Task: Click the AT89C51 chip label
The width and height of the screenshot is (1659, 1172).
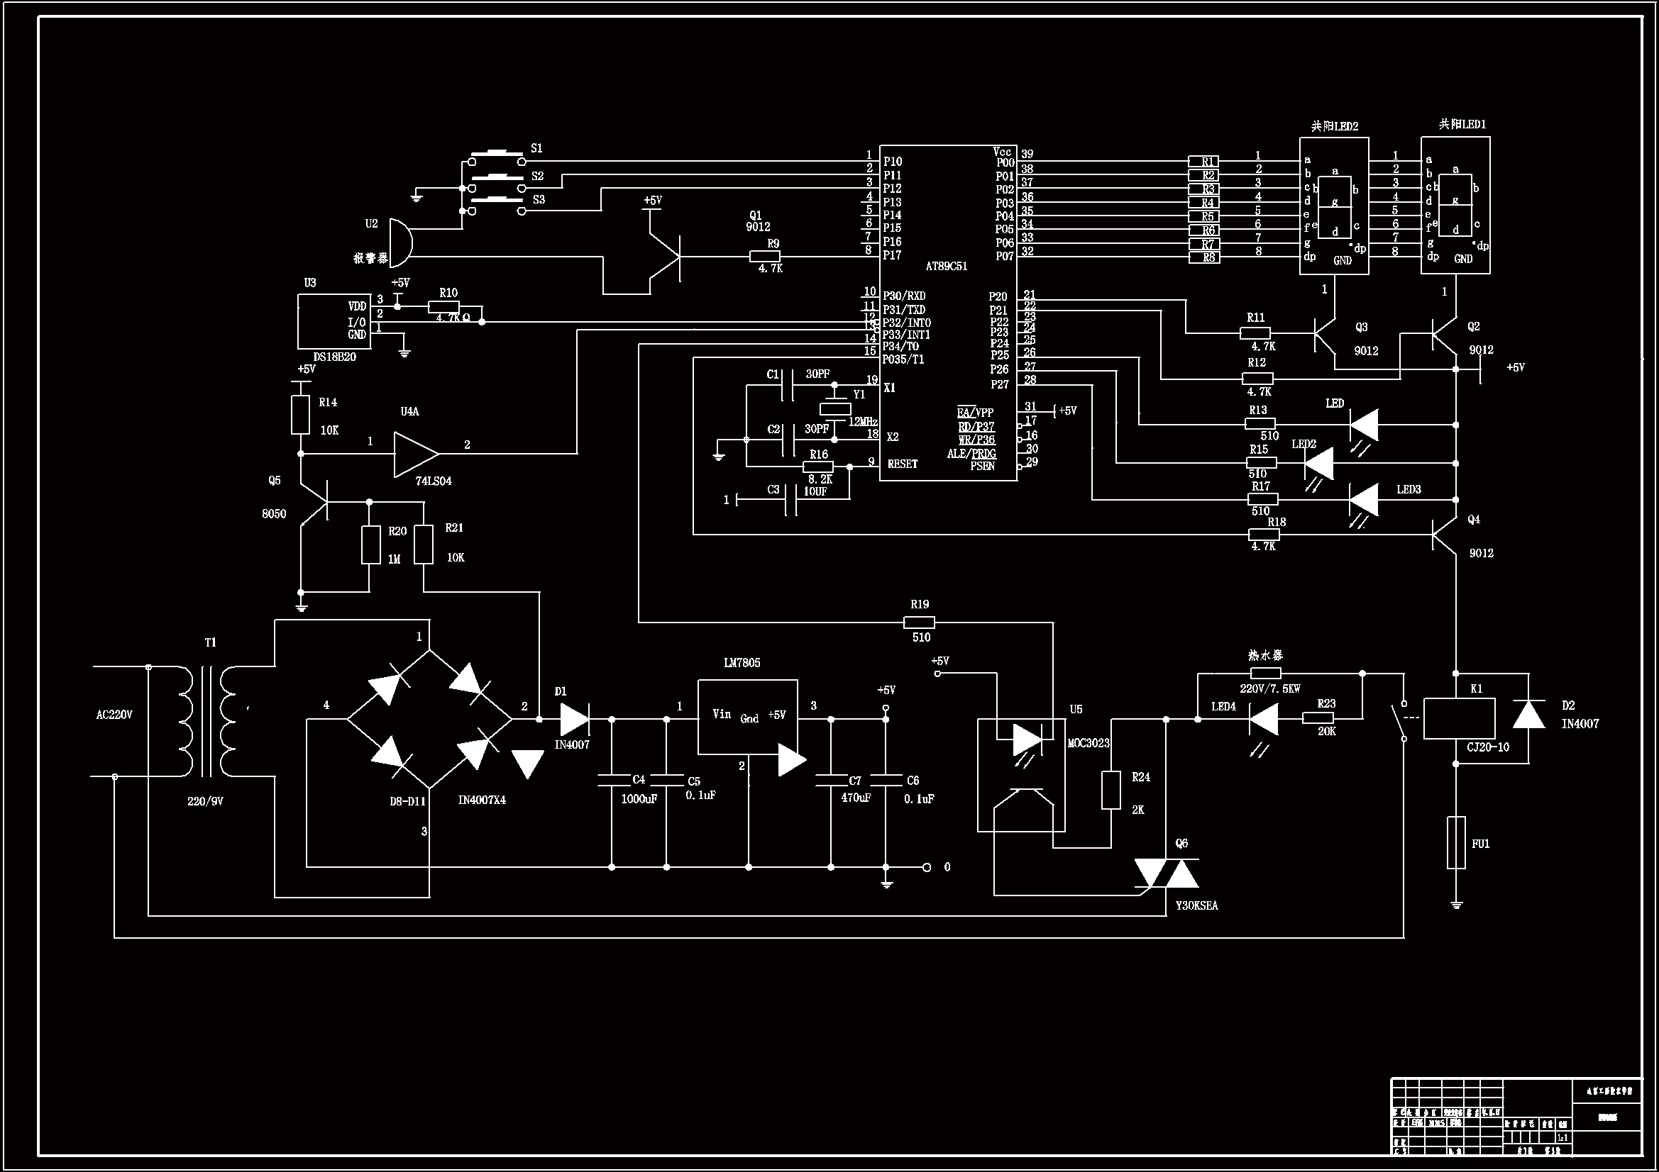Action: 946,267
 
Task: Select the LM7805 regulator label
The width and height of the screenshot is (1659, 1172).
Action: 742,663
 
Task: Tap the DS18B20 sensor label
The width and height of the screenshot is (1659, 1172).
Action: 334,357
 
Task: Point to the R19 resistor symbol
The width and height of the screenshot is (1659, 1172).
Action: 919,622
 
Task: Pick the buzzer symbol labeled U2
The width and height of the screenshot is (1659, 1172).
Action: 399,242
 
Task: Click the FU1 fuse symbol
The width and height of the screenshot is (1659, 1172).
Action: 1456,843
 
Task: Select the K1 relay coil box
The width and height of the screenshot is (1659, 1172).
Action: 1459,718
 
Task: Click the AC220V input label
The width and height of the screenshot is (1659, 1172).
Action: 114,715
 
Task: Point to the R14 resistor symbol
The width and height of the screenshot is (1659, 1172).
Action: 301,415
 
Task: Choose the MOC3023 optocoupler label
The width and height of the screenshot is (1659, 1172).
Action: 1088,743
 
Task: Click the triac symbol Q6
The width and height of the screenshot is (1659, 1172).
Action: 1167,873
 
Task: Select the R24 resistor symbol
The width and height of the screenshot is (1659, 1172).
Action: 1110,790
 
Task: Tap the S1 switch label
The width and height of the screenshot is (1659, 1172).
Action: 537,148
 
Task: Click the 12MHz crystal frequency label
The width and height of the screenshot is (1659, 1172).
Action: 863,422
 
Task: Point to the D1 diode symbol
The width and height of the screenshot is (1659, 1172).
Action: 575,719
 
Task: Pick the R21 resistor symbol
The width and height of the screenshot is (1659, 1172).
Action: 424,545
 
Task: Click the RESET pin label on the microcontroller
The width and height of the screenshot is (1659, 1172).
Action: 903,464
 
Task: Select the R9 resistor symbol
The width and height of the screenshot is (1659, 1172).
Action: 764,256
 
